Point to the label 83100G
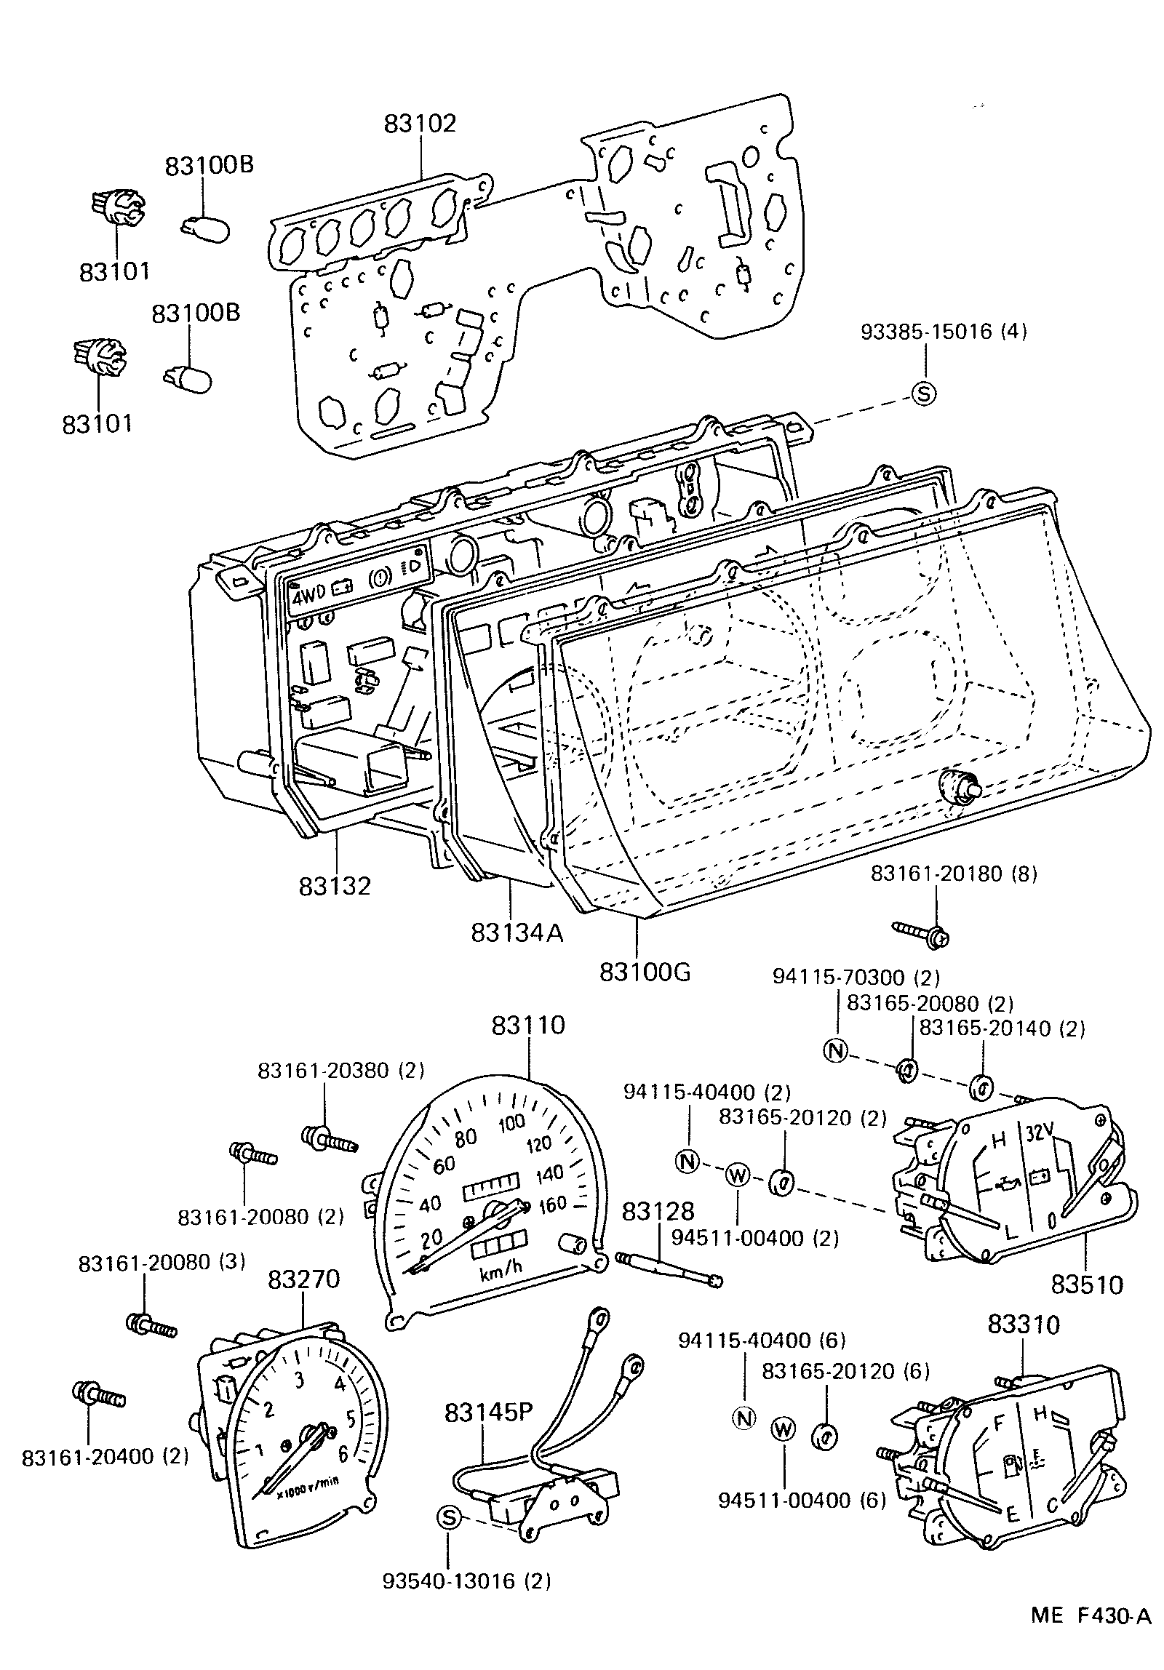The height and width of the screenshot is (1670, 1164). (645, 972)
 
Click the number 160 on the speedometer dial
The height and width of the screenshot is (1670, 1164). (552, 1204)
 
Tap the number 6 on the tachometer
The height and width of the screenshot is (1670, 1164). (343, 1453)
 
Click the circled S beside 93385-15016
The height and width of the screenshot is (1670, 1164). (923, 393)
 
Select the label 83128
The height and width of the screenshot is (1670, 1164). (658, 1210)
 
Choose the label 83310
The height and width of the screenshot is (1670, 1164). (1024, 1324)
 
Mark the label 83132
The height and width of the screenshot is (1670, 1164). (334, 886)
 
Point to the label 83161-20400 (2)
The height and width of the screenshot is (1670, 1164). (105, 1456)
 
